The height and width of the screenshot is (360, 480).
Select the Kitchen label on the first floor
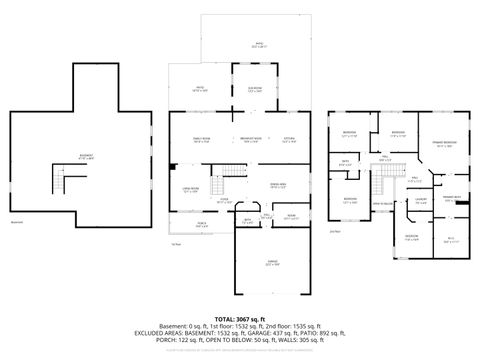click(289, 139)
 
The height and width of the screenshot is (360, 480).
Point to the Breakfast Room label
click(251, 139)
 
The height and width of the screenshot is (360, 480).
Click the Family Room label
click(202, 139)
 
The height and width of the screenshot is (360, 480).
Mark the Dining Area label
click(278, 185)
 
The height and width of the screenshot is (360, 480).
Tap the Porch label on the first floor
click(202, 224)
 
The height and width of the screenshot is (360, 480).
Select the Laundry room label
click(421, 202)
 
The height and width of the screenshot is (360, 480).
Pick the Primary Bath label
click(451, 198)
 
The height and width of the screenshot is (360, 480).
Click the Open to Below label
click(382, 204)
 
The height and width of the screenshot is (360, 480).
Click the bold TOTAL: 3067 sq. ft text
click(240, 317)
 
